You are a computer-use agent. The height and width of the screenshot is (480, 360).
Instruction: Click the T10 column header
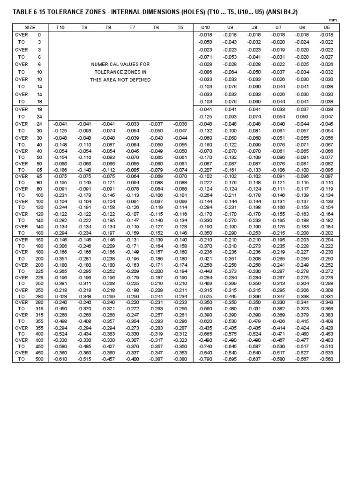pyautogui.click(x=60, y=28)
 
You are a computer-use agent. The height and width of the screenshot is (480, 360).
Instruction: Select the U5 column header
pyautogui.click(x=326, y=28)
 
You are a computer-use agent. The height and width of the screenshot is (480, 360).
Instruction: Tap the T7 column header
pyautogui.click(x=132, y=28)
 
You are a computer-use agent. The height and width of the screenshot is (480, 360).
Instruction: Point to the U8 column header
pyautogui.click(x=255, y=28)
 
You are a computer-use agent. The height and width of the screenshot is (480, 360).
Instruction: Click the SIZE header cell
pyautogui.click(x=30, y=28)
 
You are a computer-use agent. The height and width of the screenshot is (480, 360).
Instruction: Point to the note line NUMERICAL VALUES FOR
pyautogui.click(x=120, y=64)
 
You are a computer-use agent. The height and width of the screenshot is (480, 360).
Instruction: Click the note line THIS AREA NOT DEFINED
pyautogui.click(x=120, y=80)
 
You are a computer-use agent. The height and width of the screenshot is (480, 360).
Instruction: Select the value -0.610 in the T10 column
pyautogui.click(x=60, y=359)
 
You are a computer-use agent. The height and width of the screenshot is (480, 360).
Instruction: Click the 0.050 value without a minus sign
pyautogui.click(x=302, y=116)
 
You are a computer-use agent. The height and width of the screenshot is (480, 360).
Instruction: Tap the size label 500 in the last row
pyautogui.click(x=39, y=359)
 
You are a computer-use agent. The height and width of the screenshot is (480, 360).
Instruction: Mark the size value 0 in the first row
pyautogui.click(x=39, y=35)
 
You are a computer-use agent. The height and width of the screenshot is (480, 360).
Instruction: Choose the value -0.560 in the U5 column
pyautogui.click(x=326, y=359)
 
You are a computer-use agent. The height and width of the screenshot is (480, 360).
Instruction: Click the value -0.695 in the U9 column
pyautogui.click(x=230, y=359)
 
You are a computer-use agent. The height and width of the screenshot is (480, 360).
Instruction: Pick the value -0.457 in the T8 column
pyautogui.click(x=108, y=359)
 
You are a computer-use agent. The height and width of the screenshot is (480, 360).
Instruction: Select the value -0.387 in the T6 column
pyautogui.click(x=156, y=359)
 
